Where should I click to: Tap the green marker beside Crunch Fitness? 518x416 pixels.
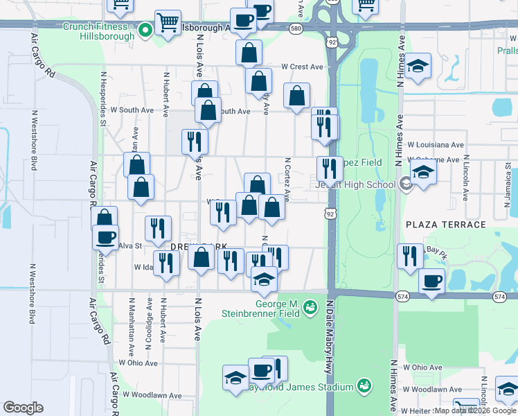[145, 30]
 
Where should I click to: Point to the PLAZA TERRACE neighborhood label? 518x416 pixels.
[446, 225]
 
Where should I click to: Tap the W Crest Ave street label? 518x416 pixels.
[302, 67]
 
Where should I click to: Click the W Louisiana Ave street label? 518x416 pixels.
[435, 145]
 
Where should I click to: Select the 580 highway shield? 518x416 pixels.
[296, 28]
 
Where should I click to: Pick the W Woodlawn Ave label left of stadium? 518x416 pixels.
[152, 395]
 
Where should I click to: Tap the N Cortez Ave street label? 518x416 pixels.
[287, 178]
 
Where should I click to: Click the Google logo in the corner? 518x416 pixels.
[23, 408]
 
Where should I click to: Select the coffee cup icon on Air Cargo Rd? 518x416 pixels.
[105, 237]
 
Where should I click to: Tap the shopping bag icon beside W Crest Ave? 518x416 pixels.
[258, 80]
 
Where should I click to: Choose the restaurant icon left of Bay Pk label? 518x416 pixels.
[410, 256]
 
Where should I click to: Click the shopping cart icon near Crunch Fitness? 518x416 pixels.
[168, 22]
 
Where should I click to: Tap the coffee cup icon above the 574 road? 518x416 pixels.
[431, 281]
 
